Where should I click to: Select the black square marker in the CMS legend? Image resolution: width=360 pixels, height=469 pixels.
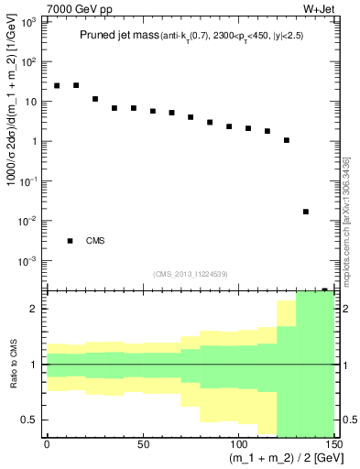click(x=70, y=241)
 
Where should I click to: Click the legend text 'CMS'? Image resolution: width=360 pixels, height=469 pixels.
click(x=95, y=241)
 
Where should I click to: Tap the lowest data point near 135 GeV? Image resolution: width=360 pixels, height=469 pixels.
click(x=306, y=212)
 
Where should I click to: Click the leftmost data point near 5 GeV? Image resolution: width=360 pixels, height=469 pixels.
click(x=57, y=85)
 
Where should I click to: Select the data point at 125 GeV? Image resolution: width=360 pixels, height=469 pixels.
click(x=287, y=140)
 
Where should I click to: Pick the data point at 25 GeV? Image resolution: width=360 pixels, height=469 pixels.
click(x=95, y=99)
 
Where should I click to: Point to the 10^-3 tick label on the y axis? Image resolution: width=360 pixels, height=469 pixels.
click(x=27, y=261)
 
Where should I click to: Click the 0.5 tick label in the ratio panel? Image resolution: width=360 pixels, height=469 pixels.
click(x=29, y=420)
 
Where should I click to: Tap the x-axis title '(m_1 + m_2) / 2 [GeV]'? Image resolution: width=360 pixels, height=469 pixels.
click(x=276, y=458)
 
